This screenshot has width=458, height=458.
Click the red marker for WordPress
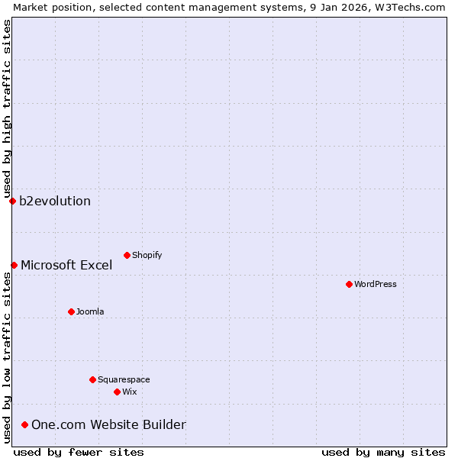(x=349, y=284)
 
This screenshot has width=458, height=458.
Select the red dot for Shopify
(x=127, y=255)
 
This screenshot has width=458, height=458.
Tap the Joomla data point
(x=71, y=311)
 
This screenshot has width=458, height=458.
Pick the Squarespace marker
(x=92, y=379)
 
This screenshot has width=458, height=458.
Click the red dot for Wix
(x=117, y=392)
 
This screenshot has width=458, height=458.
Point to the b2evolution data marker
(x=12, y=201)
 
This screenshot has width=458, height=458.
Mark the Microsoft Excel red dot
(x=14, y=265)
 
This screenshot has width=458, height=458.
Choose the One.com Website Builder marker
(x=24, y=424)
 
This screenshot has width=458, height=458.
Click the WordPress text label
(x=376, y=284)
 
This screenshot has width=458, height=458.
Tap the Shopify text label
(x=147, y=255)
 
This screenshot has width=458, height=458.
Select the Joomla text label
(x=90, y=311)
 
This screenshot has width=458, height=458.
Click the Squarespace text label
(x=124, y=379)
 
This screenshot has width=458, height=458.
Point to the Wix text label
(x=129, y=392)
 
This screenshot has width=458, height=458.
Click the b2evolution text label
(x=55, y=202)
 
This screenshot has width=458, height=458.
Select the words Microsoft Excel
(x=66, y=266)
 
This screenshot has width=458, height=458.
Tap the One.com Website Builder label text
(x=108, y=425)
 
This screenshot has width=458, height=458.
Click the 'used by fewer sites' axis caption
(x=79, y=452)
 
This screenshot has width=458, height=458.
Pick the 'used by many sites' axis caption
(x=383, y=452)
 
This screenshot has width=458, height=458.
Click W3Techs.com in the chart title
(x=408, y=7)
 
